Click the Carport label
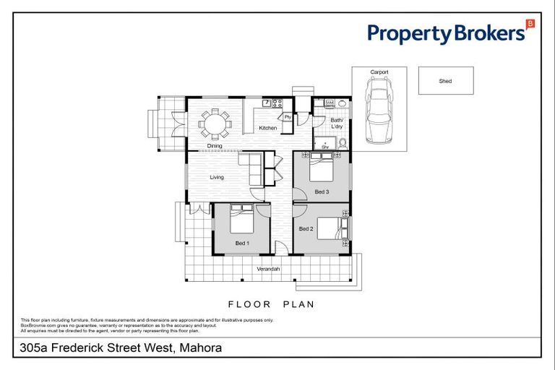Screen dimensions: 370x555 [x=379, y=72]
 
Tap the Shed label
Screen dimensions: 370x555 [x=445, y=81]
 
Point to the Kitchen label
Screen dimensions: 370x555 [x=268, y=129]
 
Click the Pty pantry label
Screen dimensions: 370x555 [x=287, y=117]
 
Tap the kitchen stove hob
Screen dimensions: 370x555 [x=276, y=103]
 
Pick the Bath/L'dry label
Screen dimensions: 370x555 [x=337, y=124]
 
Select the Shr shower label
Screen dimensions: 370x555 [x=325, y=147]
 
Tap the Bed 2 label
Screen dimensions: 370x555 [x=306, y=228]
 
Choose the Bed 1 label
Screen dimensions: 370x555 [x=242, y=243]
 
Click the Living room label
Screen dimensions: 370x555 [x=216, y=177]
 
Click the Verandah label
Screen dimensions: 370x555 [x=268, y=270]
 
